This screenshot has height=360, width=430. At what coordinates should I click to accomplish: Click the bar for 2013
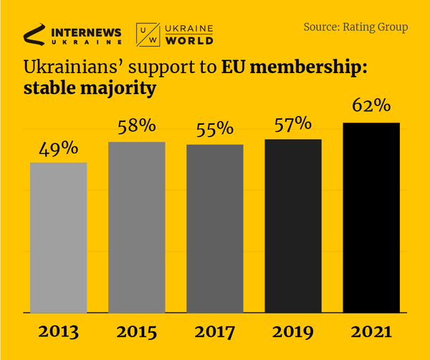pos(58,237)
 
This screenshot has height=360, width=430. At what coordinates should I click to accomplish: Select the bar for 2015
pos(137,227)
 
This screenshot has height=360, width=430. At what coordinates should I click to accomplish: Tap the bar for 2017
pos(215,229)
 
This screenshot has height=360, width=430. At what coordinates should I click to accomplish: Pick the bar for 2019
pos(293,226)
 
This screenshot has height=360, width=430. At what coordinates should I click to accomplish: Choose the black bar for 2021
pos(371,218)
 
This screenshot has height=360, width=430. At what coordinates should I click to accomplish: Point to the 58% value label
pos(137,126)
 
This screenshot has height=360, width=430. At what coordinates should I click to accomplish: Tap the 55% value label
pos(215,129)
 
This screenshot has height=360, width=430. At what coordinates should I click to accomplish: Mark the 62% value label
pos(371,106)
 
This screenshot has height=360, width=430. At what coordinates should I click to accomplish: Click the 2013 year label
pos(58,332)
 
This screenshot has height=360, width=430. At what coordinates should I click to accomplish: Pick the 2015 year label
pos(137,332)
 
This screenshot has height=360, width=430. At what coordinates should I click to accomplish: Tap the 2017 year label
pos(215,332)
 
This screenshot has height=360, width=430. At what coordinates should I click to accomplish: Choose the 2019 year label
pos(293,332)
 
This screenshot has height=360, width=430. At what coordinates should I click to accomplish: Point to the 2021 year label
pos(371,332)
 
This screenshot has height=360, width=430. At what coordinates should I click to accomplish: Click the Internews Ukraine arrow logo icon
pos(34,33)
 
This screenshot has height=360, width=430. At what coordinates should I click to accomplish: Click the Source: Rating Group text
pos(355,27)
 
